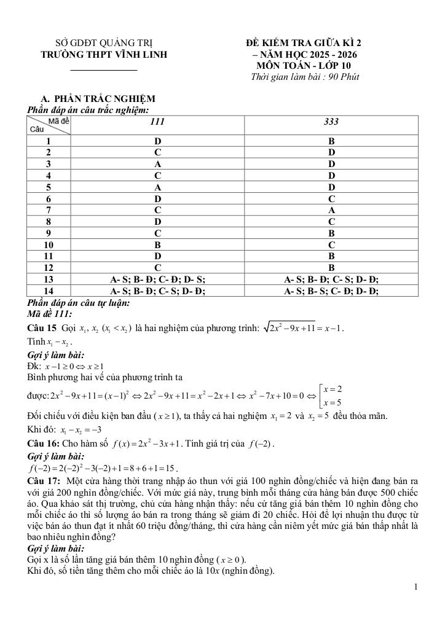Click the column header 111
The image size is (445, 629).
[157, 122]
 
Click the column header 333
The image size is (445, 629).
[331, 122]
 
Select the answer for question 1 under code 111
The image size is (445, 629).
[157, 141]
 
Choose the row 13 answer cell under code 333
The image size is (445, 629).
[331, 279]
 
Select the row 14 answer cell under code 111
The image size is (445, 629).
[157, 291]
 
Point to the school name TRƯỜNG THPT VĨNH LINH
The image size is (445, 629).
[104, 54]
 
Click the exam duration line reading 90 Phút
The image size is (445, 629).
[305, 77]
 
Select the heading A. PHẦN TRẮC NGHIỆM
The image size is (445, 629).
[98, 98]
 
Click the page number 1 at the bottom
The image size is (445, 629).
[416, 587]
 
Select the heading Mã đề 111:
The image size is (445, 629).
[50, 313]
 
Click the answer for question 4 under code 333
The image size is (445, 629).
[331, 175]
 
